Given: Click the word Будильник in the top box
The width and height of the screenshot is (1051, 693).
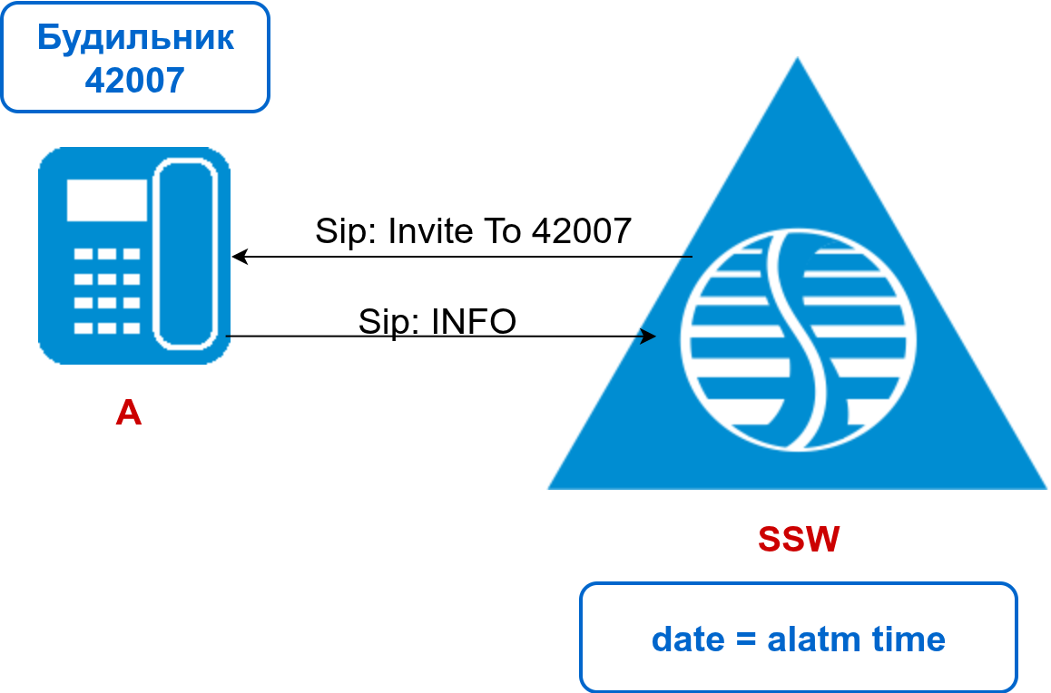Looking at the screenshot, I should [135, 38].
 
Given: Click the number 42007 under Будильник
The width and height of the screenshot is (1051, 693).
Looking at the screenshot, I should [135, 80].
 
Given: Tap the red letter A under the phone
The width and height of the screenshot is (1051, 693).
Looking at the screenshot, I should [129, 414].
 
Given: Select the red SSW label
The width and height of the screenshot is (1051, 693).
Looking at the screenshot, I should [799, 540].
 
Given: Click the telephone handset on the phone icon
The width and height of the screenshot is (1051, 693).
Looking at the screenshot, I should [186, 254].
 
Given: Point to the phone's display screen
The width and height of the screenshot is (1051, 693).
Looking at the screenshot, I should [106, 200].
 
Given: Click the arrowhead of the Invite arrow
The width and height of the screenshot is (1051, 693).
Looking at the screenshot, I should [238, 257].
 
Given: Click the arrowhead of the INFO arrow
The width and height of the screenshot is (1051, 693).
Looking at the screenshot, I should [648, 337].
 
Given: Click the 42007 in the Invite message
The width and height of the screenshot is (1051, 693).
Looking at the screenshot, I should [581, 231].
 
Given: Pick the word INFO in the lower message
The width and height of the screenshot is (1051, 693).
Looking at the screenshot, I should [474, 321].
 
